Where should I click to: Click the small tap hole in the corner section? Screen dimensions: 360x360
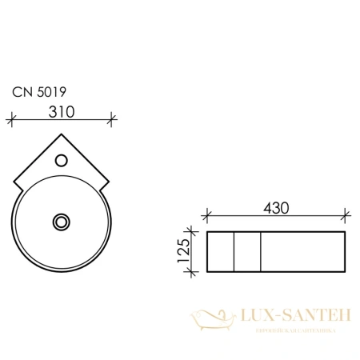(x=61, y=162)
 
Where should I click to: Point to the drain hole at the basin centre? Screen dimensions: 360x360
(x=61, y=220)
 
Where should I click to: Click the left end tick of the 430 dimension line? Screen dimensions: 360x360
(x=207, y=215)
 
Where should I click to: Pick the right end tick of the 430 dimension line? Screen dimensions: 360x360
(x=344, y=215)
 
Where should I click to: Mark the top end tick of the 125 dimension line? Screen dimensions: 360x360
(x=192, y=232)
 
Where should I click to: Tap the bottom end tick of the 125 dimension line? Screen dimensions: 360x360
(x=192, y=271)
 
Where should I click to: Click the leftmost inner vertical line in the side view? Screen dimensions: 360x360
(x=234, y=251)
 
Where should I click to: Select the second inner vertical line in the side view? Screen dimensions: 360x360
(x=262, y=251)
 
